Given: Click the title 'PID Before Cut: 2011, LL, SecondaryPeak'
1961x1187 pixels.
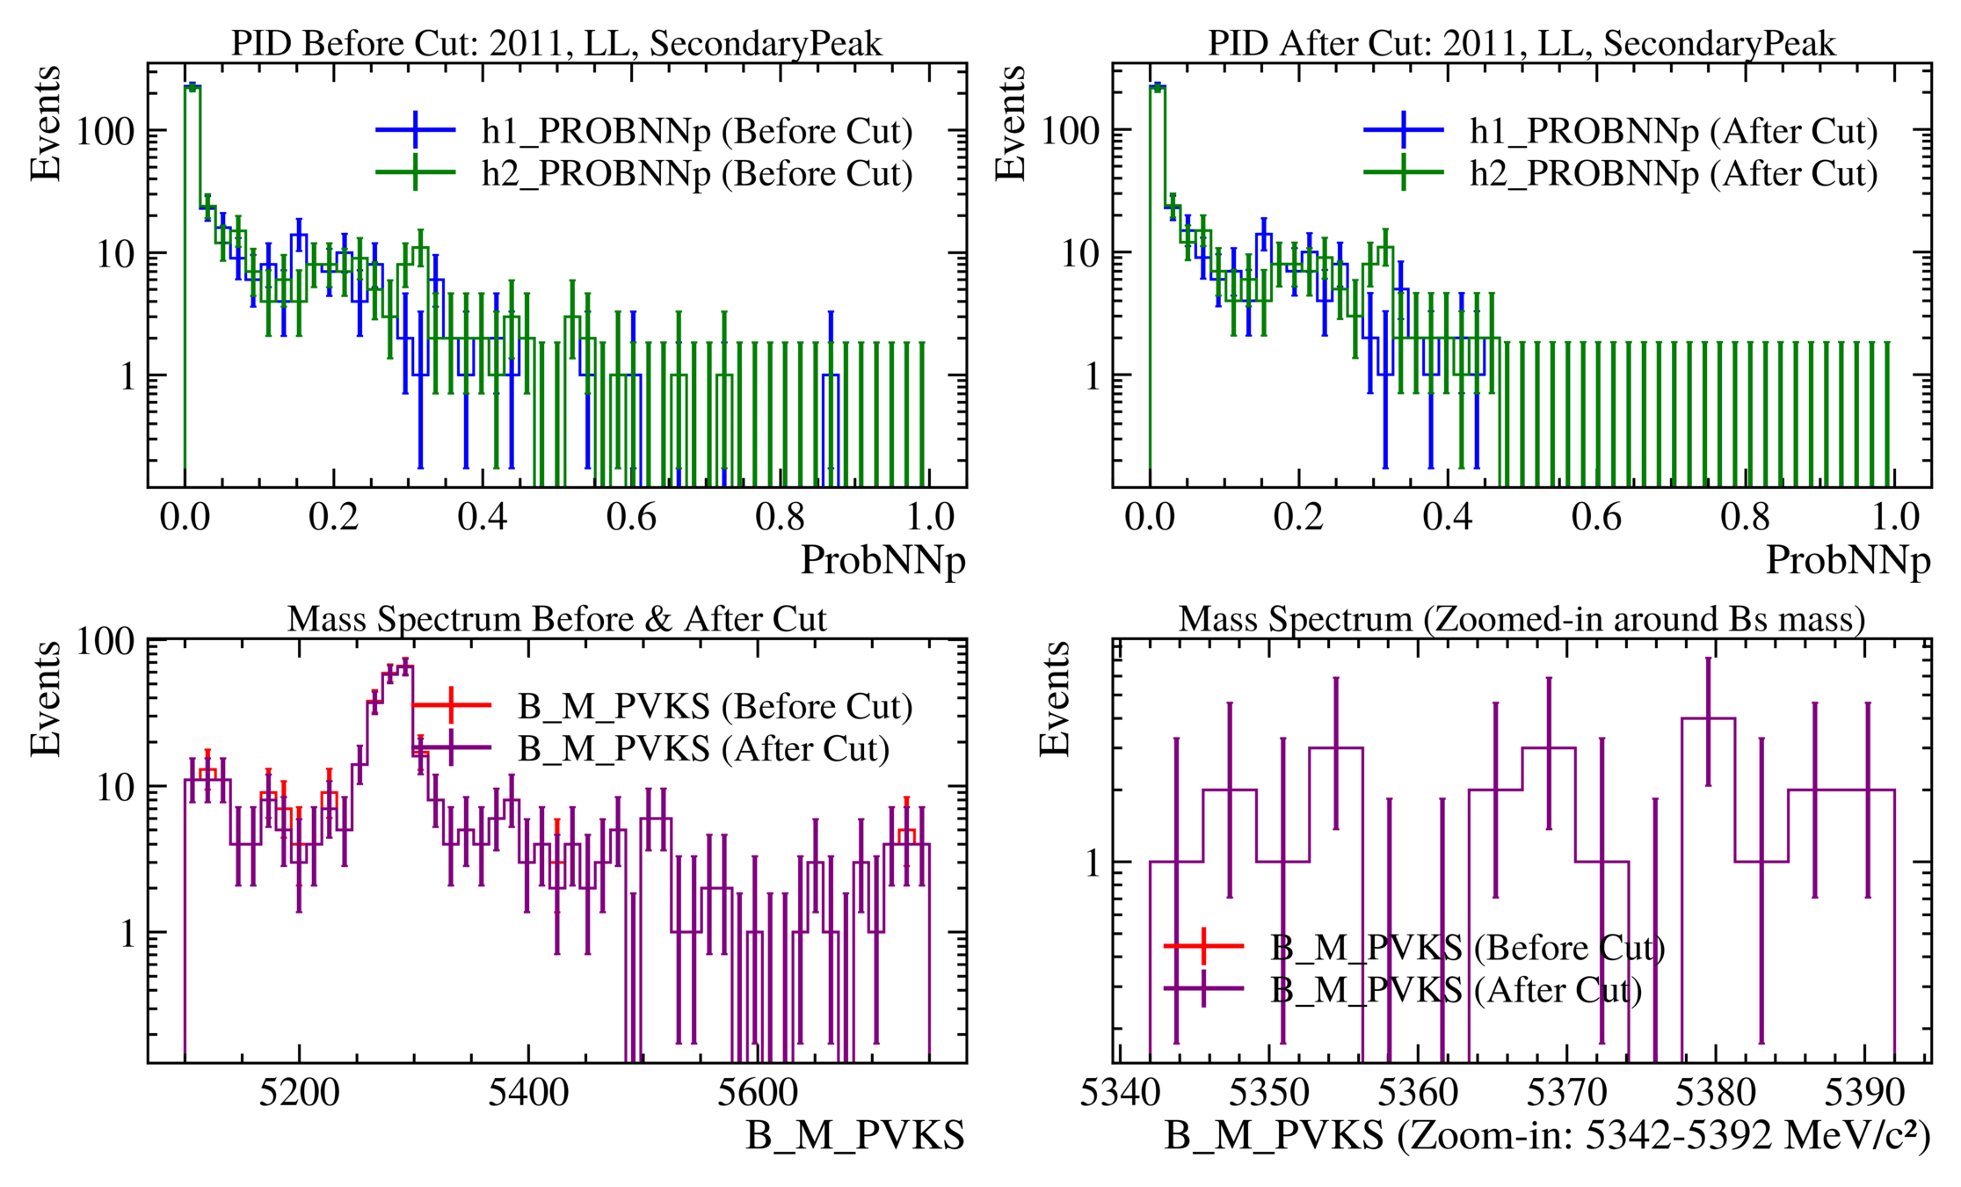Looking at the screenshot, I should tap(556, 43).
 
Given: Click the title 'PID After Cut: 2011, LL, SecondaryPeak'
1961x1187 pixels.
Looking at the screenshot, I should tap(1522, 43).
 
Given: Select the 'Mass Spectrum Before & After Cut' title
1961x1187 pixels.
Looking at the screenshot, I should tap(556, 619).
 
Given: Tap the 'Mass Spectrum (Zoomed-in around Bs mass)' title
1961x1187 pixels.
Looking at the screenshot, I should tap(1522, 619).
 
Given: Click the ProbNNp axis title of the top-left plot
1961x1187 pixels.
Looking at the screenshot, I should tap(882, 560).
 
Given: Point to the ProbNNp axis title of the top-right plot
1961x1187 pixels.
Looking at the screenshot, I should tap(1848, 560).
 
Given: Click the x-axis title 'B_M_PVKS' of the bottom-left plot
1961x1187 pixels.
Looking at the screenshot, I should tap(855, 1135).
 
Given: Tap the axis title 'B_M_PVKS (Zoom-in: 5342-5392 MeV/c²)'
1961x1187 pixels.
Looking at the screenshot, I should tap(1547, 1135).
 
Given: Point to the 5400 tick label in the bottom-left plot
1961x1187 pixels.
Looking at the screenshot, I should tap(528, 1093).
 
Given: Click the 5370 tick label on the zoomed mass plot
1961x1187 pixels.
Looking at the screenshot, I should tap(1566, 1093).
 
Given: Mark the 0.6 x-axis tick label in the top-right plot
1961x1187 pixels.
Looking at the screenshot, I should tap(1596, 517).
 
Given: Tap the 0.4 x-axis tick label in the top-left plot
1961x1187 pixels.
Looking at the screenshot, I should tap(483, 517).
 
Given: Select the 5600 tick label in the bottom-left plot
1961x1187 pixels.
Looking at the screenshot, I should tap(757, 1093).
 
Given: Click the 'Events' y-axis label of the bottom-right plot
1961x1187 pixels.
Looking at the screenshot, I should tap(1054, 699).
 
